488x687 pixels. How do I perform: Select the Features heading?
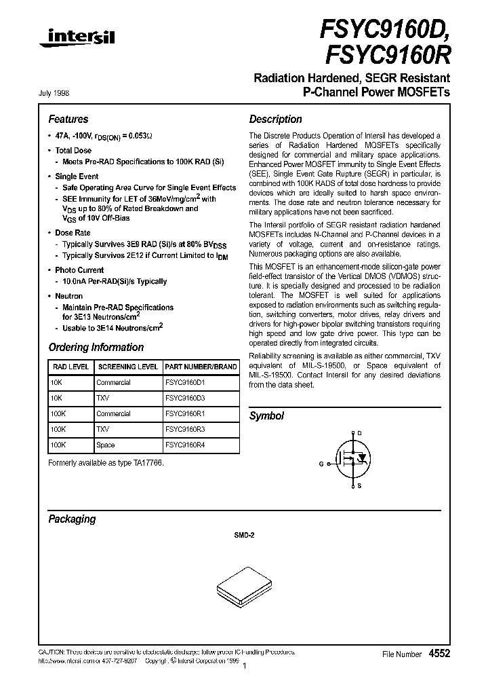[68, 119]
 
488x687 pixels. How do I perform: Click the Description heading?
[275, 119]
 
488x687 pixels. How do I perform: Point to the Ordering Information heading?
[96, 348]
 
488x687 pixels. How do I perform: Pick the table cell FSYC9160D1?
[185, 382]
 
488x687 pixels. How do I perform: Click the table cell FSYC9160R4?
[185, 445]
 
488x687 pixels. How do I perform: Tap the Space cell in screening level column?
[106, 445]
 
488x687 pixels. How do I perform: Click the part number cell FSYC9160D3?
[185, 398]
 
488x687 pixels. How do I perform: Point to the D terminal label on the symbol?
[359, 432]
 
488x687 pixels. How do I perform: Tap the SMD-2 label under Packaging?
[244, 535]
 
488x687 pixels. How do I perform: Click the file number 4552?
[439, 653]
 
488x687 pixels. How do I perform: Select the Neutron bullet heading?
[68, 296]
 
